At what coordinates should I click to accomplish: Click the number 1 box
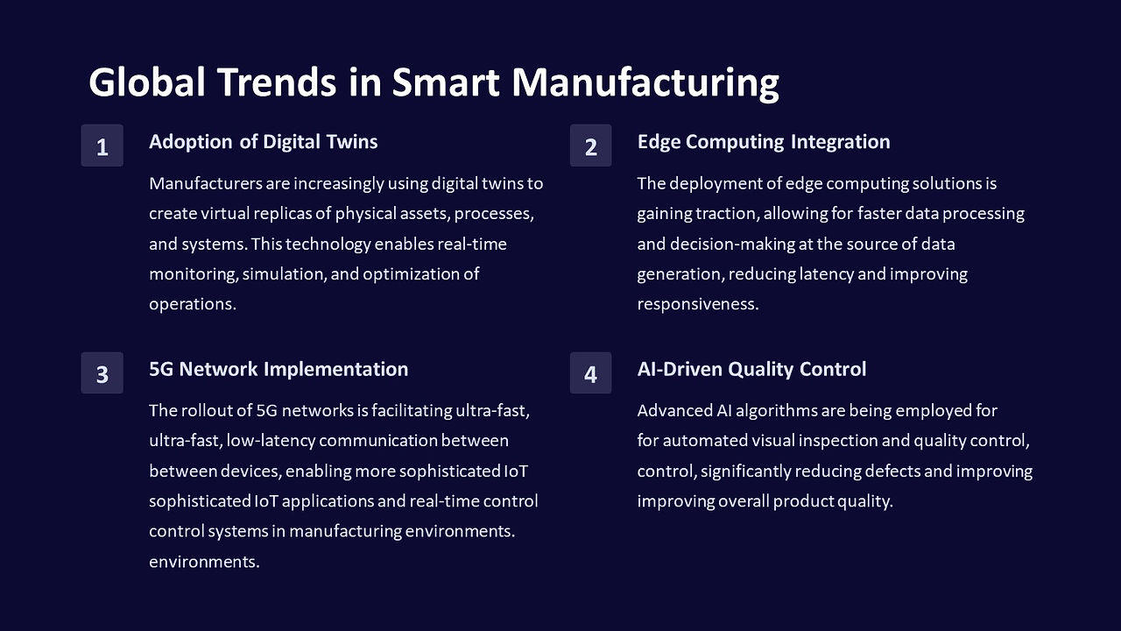(x=102, y=145)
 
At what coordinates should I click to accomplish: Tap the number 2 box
(x=590, y=145)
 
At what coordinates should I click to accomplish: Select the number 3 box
(x=102, y=372)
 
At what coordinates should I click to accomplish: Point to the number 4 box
(x=590, y=372)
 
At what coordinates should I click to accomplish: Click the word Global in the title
(x=147, y=82)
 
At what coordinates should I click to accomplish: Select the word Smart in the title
(x=446, y=82)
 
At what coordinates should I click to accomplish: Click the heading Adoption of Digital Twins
(x=264, y=142)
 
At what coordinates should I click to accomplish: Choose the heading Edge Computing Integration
(x=764, y=142)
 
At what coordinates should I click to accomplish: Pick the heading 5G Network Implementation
(x=278, y=369)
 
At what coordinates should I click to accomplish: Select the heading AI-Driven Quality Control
(x=751, y=369)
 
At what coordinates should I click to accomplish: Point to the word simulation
(x=285, y=274)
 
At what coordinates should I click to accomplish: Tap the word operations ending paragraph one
(x=193, y=304)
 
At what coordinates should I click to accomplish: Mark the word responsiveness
(x=698, y=304)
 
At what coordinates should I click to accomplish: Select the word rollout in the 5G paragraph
(x=207, y=411)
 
